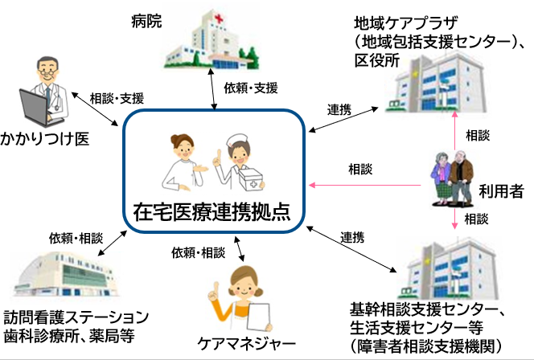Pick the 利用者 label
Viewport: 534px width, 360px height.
pos(500,191)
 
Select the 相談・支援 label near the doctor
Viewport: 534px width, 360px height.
pos(117,98)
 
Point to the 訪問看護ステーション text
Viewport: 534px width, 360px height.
pos(76,315)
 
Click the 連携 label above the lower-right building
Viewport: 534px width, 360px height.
pos(352,237)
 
